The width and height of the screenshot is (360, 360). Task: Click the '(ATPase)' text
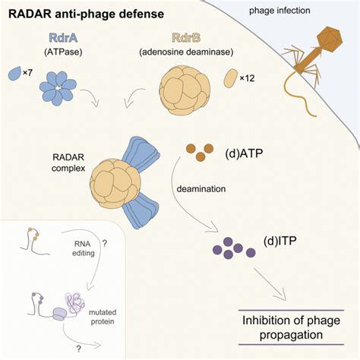pyautogui.click(x=58, y=52)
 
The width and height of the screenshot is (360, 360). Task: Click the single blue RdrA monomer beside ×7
pyautogui.click(x=13, y=73)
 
